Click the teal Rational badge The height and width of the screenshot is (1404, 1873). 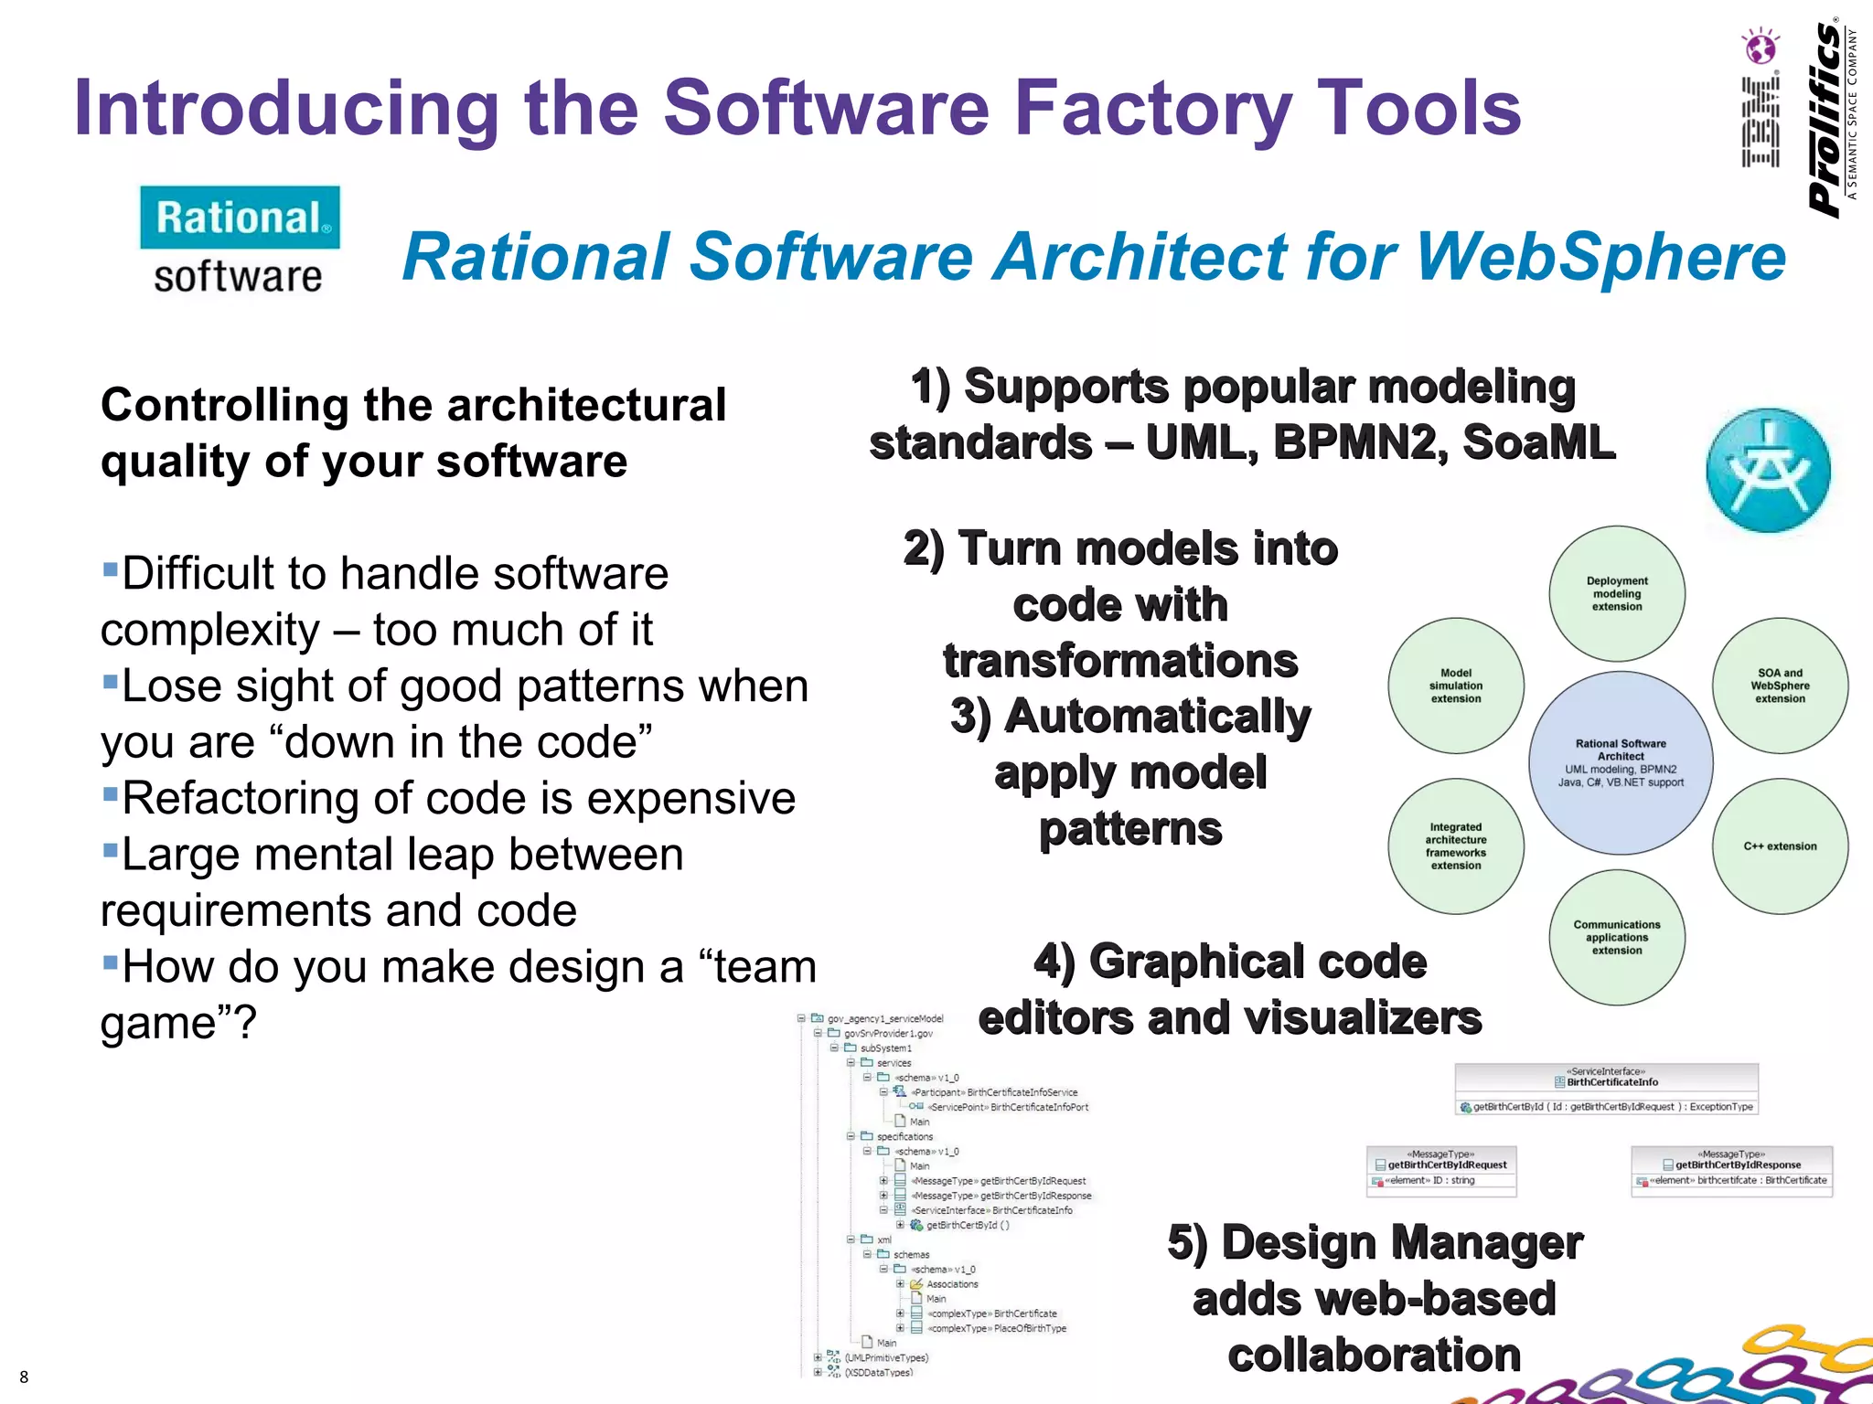(x=240, y=218)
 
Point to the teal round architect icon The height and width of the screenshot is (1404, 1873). (x=1768, y=471)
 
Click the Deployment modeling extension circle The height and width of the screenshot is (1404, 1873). (x=1617, y=594)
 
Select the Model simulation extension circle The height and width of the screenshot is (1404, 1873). (x=1456, y=686)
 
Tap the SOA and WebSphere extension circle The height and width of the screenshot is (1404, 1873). (x=1780, y=686)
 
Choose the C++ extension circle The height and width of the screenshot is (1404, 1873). (x=1780, y=846)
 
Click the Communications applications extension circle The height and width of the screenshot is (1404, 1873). (x=1617, y=938)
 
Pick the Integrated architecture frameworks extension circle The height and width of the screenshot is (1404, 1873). (x=1456, y=846)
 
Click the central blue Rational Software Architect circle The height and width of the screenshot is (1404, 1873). (x=1621, y=763)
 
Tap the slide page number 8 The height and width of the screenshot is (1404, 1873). (x=24, y=1377)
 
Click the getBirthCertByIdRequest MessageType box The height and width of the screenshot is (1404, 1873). (x=1441, y=1171)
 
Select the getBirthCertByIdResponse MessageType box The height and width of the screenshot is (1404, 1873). (x=1731, y=1171)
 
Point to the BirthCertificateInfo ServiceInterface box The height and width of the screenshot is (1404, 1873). (x=1606, y=1089)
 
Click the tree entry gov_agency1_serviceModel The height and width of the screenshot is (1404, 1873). (x=884, y=1018)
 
